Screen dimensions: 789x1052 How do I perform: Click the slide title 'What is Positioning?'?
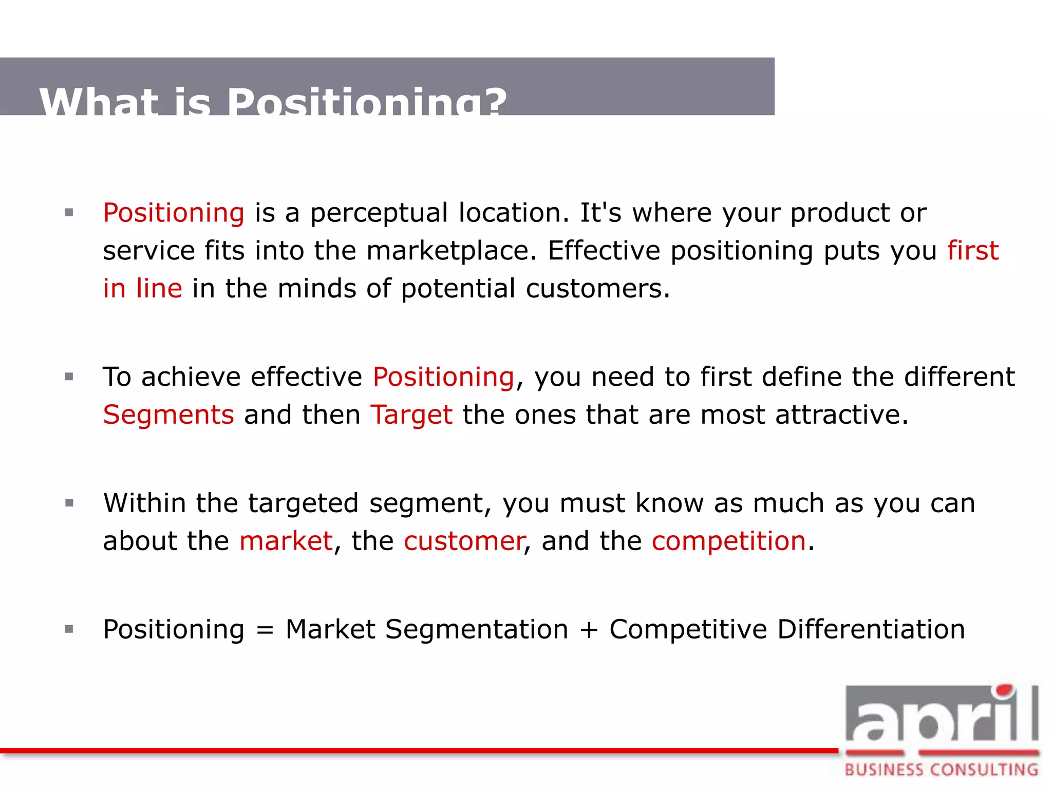tap(273, 102)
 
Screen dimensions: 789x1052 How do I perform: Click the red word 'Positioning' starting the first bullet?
tap(174, 213)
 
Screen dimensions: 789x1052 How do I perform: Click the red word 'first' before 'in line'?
tap(973, 251)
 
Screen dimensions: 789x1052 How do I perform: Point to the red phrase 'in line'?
tap(142, 288)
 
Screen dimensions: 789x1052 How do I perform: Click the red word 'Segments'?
tap(168, 415)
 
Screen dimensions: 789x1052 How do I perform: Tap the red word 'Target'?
tap(411, 415)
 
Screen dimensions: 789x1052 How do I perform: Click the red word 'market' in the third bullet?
tap(286, 541)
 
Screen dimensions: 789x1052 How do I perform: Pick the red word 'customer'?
tap(463, 541)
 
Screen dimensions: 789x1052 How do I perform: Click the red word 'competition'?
tap(728, 541)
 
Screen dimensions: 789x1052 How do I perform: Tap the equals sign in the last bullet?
tap(265, 630)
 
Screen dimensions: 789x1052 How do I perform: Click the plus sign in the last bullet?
tap(589, 630)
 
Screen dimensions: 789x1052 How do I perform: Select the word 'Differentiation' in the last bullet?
tap(871, 629)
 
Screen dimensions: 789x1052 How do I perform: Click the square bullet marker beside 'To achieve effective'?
tap(69, 377)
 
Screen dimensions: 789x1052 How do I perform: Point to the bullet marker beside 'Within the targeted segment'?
tap(69, 503)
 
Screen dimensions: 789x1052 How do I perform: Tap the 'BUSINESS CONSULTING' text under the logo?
tap(941, 769)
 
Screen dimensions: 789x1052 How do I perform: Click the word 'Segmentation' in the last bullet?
tap(477, 629)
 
